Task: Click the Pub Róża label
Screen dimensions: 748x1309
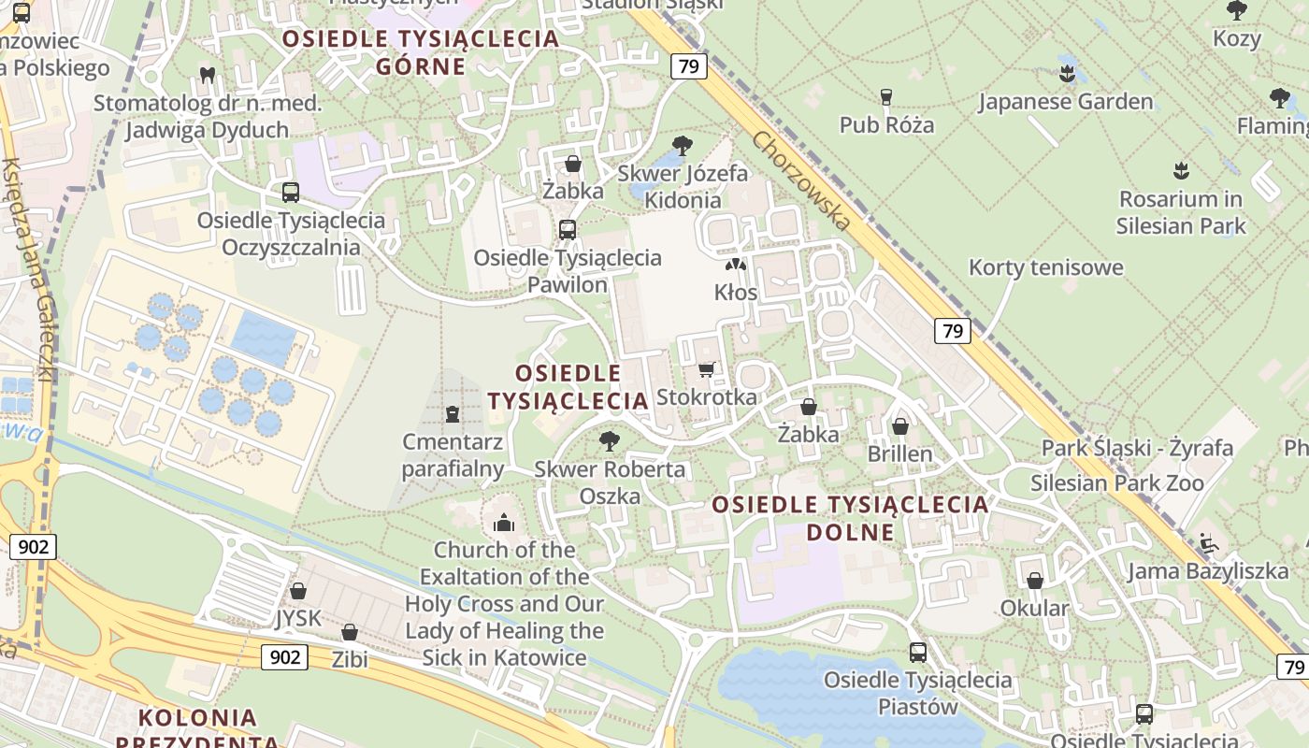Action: click(x=886, y=124)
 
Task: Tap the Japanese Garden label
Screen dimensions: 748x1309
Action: click(x=1065, y=101)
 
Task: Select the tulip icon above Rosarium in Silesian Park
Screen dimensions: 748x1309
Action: click(x=1180, y=170)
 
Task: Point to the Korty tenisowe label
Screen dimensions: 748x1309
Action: click(x=1045, y=267)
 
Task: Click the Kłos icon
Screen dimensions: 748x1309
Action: click(x=736, y=266)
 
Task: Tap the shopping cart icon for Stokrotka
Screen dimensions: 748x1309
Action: click(x=706, y=369)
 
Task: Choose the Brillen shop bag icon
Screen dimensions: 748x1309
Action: click(x=900, y=426)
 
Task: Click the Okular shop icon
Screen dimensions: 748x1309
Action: click(x=1035, y=581)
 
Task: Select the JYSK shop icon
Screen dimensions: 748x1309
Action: click(x=298, y=591)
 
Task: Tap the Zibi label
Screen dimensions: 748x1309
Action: click(x=350, y=660)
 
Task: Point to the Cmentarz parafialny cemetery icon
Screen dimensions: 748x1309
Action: click(x=453, y=413)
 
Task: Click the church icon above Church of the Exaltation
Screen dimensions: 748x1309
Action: click(x=504, y=523)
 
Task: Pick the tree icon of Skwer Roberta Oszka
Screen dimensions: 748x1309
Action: click(x=610, y=440)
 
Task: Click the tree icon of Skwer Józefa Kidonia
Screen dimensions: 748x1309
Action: click(x=683, y=145)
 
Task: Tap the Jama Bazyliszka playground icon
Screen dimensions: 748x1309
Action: click(x=1209, y=542)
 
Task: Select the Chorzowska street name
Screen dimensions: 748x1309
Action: click(x=802, y=180)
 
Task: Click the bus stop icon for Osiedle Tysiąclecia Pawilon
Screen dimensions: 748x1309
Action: click(x=567, y=229)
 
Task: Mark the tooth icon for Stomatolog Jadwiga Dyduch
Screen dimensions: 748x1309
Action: click(x=208, y=74)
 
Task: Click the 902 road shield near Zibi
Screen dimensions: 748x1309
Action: click(x=284, y=656)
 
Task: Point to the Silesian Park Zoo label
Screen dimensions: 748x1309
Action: click(x=1116, y=483)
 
